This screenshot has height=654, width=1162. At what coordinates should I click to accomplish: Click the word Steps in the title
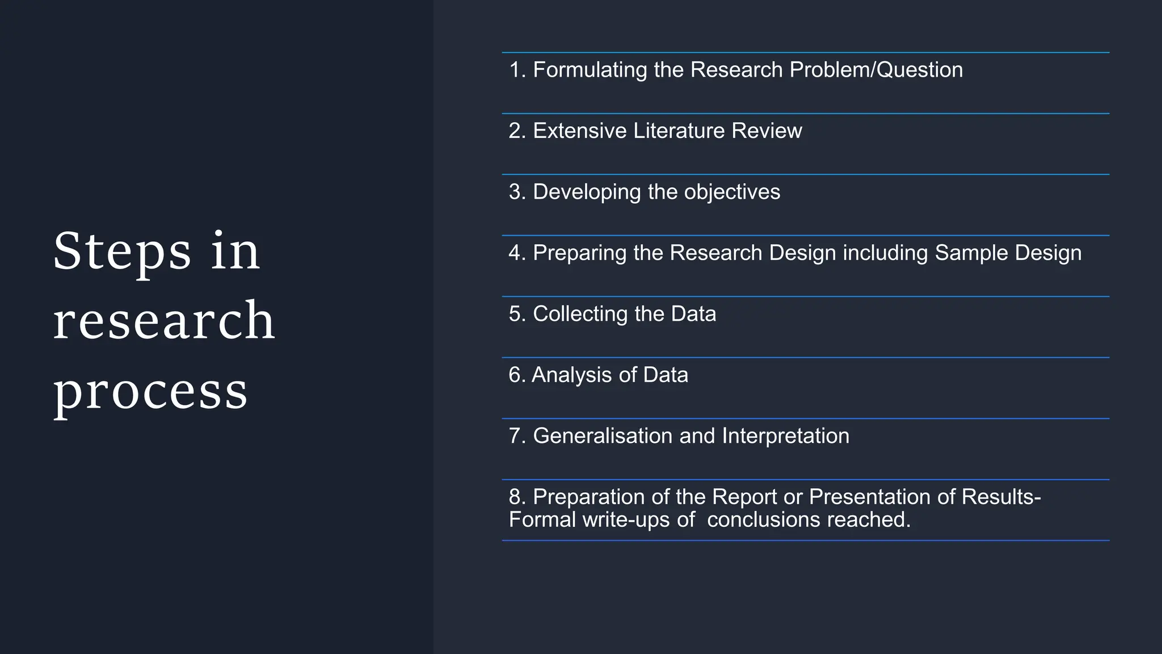pyautogui.click(x=122, y=251)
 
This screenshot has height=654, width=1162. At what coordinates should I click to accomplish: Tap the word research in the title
pyautogui.click(x=164, y=321)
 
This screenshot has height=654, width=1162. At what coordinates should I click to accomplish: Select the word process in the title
pyautogui.click(x=150, y=392)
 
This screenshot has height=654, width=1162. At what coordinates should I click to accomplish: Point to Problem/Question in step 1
pyautogui.click(x=876, y=70)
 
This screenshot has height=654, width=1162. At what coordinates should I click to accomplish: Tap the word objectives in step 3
pyautogui.click(x=732, y=192)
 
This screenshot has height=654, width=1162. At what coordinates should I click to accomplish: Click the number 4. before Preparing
pyautogui.click(x=517, y=253)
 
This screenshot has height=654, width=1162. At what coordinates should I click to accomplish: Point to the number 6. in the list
pyautogui.click(x=517, y=375)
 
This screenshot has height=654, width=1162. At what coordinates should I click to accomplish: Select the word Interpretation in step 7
pyautogui.click(x=785, y=436)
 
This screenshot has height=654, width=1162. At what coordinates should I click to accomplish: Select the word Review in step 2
pyautogui.click(x=767, y=131)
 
